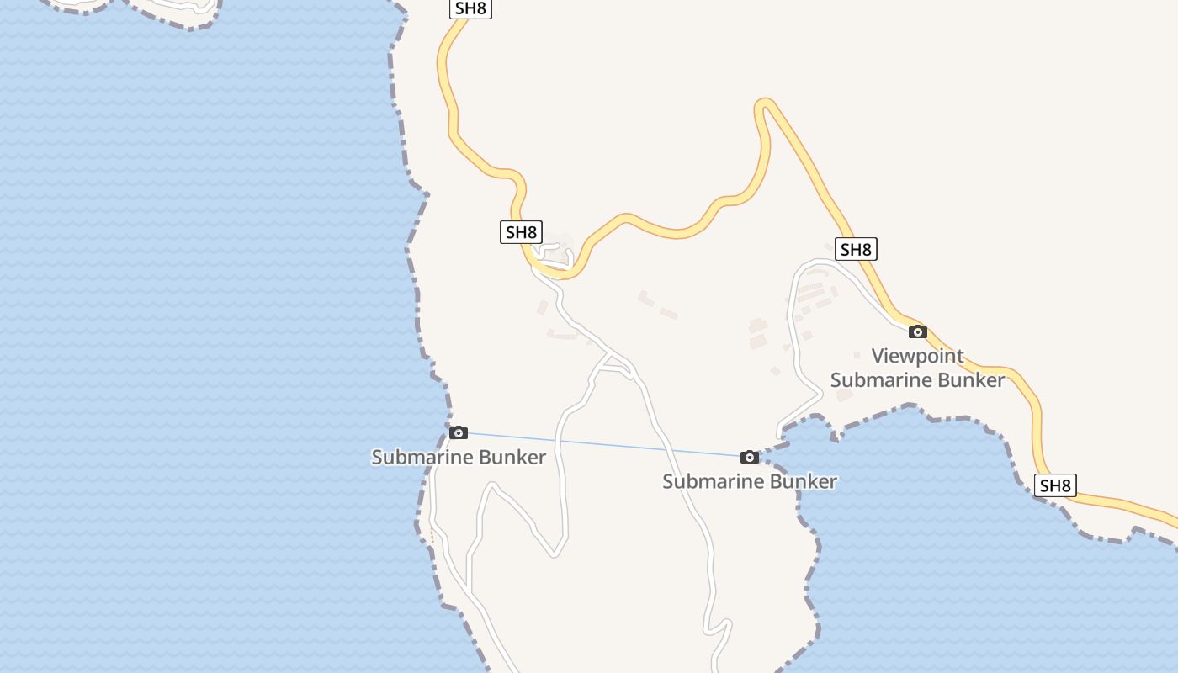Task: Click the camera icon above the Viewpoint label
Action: coord(917,331)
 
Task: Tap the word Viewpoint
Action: coord(917,356)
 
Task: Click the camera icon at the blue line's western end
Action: coord(459,432)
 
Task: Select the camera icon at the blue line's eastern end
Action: coord(749,457)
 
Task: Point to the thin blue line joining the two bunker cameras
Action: coord(606,445)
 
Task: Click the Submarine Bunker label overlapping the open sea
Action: coord(459,458)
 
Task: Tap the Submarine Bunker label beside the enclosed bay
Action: coord(749,481)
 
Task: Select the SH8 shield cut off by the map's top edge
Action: coord(470,8)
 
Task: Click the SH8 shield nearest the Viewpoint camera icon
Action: coord(856,249)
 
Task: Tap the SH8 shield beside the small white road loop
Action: coord(521,231)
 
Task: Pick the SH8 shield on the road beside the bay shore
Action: coord(1055,485)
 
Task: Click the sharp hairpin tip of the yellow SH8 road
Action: coord(764,104)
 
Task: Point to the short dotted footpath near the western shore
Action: coord(432,536)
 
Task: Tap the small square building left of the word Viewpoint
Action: coord(857,355)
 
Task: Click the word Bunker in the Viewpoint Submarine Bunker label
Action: coord(973,380)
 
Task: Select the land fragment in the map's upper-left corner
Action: coord(168,10)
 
